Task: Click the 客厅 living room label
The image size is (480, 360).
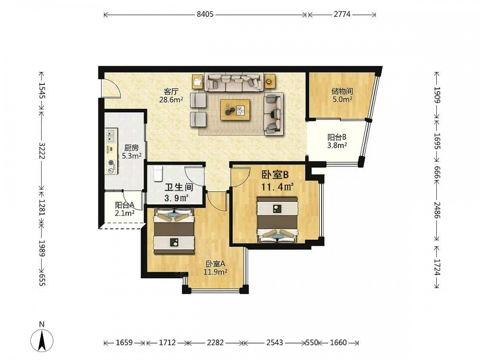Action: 171,91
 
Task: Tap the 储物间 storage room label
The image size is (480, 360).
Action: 342,91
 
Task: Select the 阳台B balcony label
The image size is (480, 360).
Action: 337,137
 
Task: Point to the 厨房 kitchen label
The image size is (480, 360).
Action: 132,148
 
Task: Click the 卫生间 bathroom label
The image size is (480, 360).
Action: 179,187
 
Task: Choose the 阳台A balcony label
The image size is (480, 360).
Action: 125,205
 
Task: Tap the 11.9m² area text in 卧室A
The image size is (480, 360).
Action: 216,272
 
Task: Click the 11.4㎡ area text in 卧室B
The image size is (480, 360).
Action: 277,186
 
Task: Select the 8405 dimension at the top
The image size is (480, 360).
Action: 205,14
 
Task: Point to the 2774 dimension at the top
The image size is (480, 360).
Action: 342,14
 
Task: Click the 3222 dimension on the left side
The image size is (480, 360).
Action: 42,151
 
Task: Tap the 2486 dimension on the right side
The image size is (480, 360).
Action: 437,210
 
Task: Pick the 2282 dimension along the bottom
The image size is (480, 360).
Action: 215,343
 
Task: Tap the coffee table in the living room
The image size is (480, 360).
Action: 235,109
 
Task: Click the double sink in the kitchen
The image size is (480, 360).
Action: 111,136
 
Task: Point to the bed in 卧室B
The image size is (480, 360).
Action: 277,220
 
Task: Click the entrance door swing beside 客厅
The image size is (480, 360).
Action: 110,88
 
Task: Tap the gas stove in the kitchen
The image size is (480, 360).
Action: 111,167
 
